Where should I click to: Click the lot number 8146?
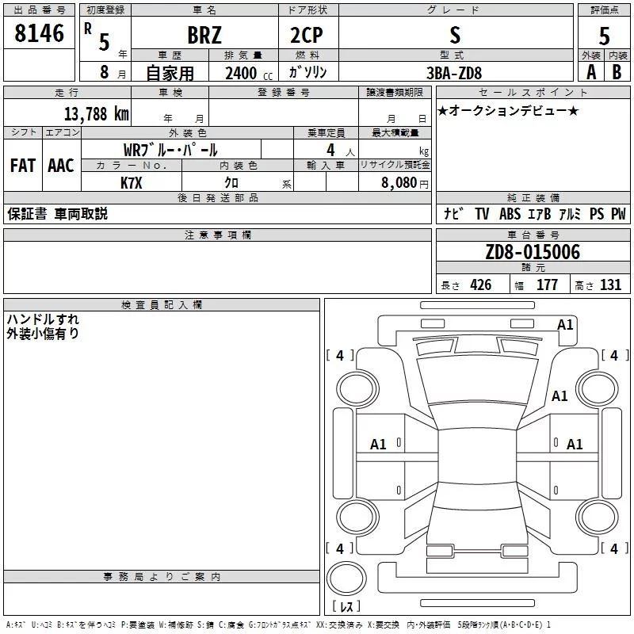tap(40, 34)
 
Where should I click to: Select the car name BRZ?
tap(204, 36)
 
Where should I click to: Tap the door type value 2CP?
tap(307, 36)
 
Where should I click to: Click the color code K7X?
tap(132, 181)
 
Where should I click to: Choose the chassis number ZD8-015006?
tap(533, 252)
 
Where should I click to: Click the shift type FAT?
tap(23, 166)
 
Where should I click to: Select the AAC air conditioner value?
tap(61, 166)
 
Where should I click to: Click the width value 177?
tap(547, 285)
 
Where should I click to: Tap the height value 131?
tap(610, 285)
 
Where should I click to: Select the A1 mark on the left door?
tap(379, 445)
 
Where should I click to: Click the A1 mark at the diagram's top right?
tap(565, 325)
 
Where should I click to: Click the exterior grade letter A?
tap(590, 72)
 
